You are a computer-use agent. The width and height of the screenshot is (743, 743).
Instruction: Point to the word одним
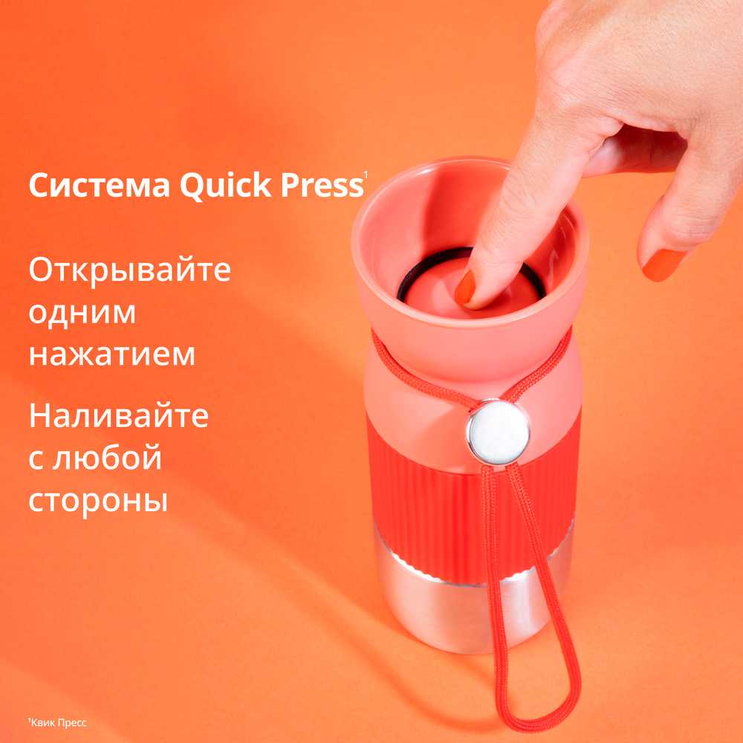pos(82,313)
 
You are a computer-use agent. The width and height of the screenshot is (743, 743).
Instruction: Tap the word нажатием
pos(112,354)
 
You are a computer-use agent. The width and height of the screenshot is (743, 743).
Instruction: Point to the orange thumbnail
pos(663,265)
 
